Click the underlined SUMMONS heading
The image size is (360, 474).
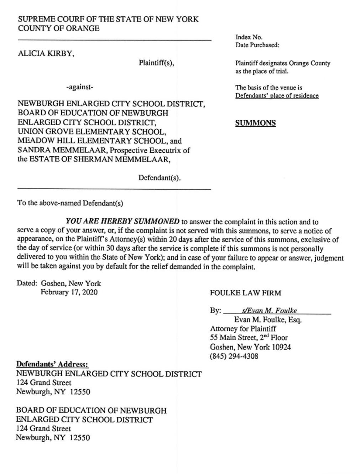pyautogui.click(x=255, y=123)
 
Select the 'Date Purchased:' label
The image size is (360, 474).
pyautogui.click(x=257, y=45)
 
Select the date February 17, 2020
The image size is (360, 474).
pyautogui.click(x=69, y=292)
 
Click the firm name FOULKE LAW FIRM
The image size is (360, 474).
pyautogui.click(x=245, y=293)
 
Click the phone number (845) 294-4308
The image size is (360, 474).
pyautogui.click(x=234, y=356)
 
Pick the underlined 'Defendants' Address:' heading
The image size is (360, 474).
pyautogui.click(x=52, y=365)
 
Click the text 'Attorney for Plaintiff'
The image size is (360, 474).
pyautogui.click(x=243, y=328)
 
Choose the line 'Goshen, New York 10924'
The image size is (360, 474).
pyautogui.click(x=250, y=347)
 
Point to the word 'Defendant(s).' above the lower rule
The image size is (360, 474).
pyautogui.click(x=160, y=177)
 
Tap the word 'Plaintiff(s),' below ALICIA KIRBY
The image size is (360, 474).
pyautogui.click(x=156, y=63)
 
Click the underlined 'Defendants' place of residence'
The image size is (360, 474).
pyautogui.click(x=277, y=96)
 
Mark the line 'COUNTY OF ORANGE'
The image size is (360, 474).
pyautogui.click(x=59, y=28)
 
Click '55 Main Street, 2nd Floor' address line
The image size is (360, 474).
pyautogui.click(x=249, y=337)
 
